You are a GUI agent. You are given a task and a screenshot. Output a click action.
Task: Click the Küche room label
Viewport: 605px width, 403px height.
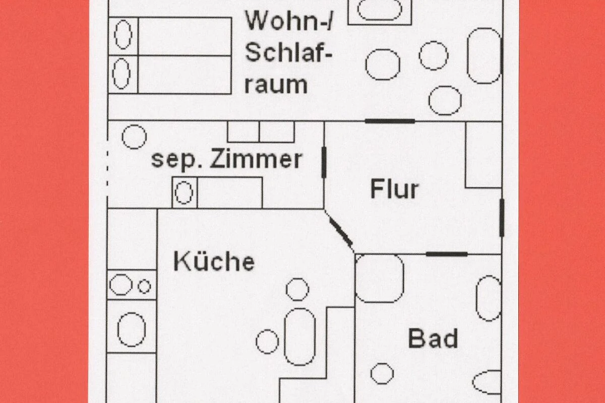(214, 261)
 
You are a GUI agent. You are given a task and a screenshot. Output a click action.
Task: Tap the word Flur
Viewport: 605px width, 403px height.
(394, 189)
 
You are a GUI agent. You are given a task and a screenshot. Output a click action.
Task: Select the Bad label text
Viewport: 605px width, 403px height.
(433, 338)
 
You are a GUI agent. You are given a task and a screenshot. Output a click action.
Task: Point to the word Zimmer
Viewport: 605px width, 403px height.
(256, 159)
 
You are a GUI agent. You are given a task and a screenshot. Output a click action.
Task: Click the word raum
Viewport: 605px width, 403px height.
(276, 85)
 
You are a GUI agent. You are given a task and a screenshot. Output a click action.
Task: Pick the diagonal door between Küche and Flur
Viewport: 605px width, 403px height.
(341, 232)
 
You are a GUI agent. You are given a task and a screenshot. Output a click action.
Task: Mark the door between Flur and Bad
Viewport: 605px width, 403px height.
(447, 254)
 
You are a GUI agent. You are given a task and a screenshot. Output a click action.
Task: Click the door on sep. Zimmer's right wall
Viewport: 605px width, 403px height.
(324, 163)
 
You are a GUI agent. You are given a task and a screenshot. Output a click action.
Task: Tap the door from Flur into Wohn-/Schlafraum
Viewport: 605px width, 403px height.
(390, 121)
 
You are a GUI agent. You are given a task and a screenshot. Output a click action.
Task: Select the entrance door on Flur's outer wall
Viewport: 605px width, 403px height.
(502, 218)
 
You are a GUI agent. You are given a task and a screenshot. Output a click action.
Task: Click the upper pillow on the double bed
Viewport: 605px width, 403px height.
(123, 35)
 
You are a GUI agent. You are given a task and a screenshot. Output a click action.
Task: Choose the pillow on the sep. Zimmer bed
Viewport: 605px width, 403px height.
(184, 192)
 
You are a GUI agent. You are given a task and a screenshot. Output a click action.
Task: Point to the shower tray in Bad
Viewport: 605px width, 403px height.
(380, 278)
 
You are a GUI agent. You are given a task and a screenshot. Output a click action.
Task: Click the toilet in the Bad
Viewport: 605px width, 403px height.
(487, 382)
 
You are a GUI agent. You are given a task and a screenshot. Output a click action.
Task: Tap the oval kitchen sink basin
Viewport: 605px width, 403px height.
(131, 329)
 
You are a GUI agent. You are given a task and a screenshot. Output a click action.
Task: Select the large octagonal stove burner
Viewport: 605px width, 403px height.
(120, 285)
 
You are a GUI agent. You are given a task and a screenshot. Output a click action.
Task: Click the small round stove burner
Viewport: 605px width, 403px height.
(144, 287)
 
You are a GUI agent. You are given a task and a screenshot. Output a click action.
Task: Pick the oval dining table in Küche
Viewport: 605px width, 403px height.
(300, 337)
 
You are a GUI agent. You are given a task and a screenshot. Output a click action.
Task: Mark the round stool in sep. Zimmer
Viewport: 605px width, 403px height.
(134, 137)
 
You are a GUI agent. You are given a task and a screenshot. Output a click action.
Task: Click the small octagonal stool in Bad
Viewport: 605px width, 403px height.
(382, 374)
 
